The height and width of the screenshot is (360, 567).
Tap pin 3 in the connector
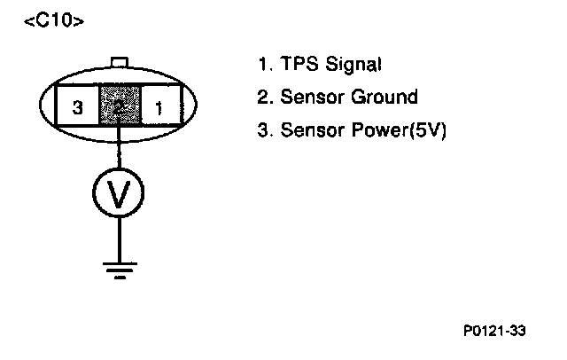(x=78, y=108)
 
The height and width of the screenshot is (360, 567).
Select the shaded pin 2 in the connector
(x=118, y=108)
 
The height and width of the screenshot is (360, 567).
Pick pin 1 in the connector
(x=160, y=108)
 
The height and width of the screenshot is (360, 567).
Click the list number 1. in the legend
(x=263, y=65)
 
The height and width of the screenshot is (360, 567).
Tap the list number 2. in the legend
(x=263, y=98)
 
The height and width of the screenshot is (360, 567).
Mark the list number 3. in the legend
(x=263, y=130)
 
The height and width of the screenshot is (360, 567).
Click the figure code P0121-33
(x=494, y=331)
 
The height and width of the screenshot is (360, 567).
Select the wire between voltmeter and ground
(x=119, y=235)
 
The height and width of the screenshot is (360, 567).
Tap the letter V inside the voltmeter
(x=119, y=190)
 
